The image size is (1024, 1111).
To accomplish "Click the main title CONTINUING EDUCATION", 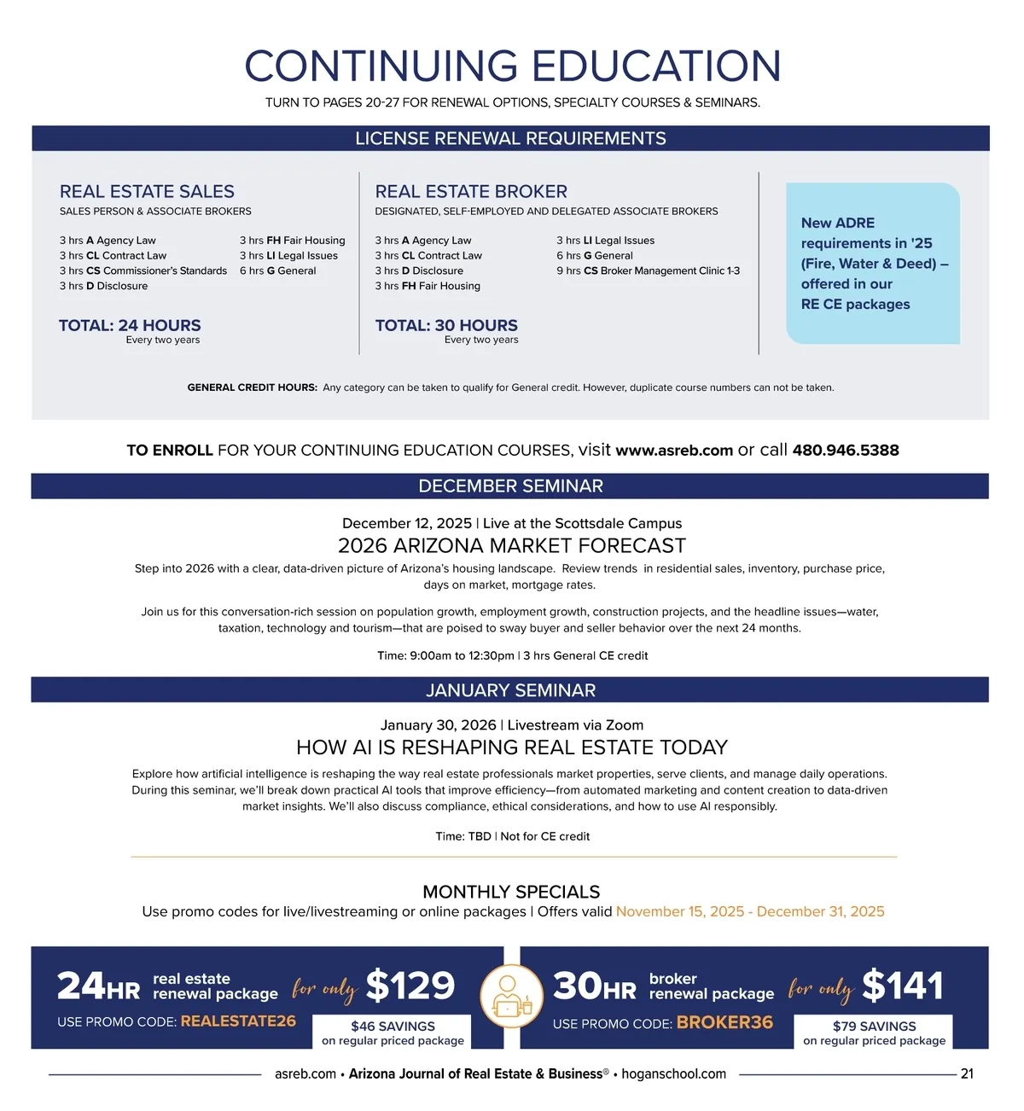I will pyautogui.click(x=512, y=67).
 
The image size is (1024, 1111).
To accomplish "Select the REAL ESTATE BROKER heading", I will pyautogui.click(x=471, y=192).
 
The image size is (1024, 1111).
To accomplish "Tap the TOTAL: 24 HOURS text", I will pyautogui.click(x=130, y=325).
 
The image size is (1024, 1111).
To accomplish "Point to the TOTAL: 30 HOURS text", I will pyautogui.click(x=446, y=325).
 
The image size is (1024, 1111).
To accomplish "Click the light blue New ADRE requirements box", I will pyautogui.click(x=872, y=263).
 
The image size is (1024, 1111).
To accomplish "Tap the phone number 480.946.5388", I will pyautogui.click(x=845, y=451).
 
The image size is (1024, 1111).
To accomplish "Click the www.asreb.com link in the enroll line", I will pyautogui.click(x=673, y=451).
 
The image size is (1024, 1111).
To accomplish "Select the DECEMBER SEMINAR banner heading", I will pyautogui.click(x=510, y=486).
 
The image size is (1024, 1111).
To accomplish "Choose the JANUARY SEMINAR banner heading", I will pyautogui.click(x=510, y=690).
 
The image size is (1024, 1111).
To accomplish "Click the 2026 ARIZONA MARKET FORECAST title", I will pyautogui.click(x=511, y=546).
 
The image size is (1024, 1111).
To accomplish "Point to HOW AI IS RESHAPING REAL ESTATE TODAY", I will pyautogui.click(x=511, y=748).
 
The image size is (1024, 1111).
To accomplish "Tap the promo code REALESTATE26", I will pyautogui.click(x=238, y=1021).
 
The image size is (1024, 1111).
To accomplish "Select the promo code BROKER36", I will pyautogui.click(x=724, y=1022).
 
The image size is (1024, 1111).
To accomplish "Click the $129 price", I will pyautogui.click(x=410, y=986).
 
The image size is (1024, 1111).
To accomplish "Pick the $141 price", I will pyautogui.click(x=903, y=986).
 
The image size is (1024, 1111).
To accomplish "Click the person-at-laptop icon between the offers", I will pyautogui.click(x=512, y=997).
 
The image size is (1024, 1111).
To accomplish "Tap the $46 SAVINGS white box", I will pyautogui.click(x=393, y=1032).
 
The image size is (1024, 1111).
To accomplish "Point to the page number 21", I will pyautogui.click(x=967, y=1074).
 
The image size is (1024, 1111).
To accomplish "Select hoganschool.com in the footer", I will pyautogui.click(x=673, y=1074).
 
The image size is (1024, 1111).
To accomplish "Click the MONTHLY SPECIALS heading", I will pyautogui.click(x=511, y=892).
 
